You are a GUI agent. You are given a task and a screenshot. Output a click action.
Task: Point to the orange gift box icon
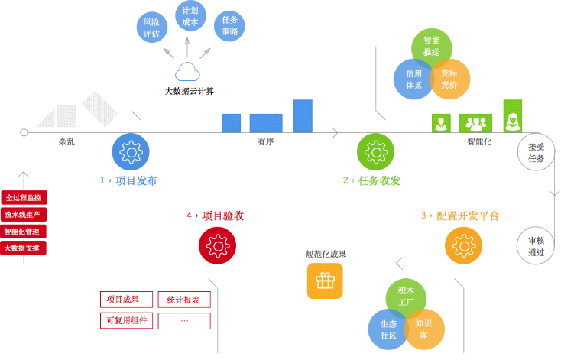[x=325, y=281]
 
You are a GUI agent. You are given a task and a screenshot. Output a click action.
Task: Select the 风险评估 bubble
[x=151, y=28]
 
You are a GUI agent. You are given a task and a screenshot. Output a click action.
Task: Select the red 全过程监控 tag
[x=24, y=196]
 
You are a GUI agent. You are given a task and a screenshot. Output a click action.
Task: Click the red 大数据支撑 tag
[x=24, y=248]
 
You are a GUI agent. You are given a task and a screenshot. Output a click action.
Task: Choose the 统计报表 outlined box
[x=183, y=300]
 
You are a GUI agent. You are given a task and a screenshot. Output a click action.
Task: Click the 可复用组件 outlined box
[x=126, y=320]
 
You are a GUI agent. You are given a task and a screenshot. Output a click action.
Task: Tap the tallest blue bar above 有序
[x=303, y=116]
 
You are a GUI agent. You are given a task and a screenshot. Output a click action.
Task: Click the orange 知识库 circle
[x=423, y=329]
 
